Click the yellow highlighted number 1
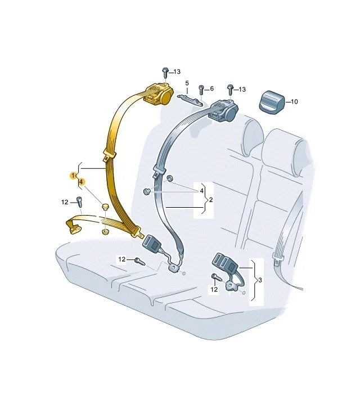click(x=73, y=176)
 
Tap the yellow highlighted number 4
click(x=81, y=182)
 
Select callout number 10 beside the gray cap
click(x=294, y=102)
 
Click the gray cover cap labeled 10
click(x=272, y=102)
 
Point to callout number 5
click(x=187, y=83)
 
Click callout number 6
click(x=211, y=89)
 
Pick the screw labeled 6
click(x=201, y=90)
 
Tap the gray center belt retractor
click(x=224, y=110)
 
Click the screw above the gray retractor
click(x=230, y=90)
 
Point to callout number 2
click(x=211, y=200)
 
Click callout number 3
click(x=260, y=280)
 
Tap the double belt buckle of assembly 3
click(x=226, y=263)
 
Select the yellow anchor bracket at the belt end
click(x=73, y=226)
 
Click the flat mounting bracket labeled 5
click(x=190, y=100)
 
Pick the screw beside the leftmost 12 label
click(x=79, y=202)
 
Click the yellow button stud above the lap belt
click(x=105, y=207)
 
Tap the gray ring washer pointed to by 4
click(x=170, y=178)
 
